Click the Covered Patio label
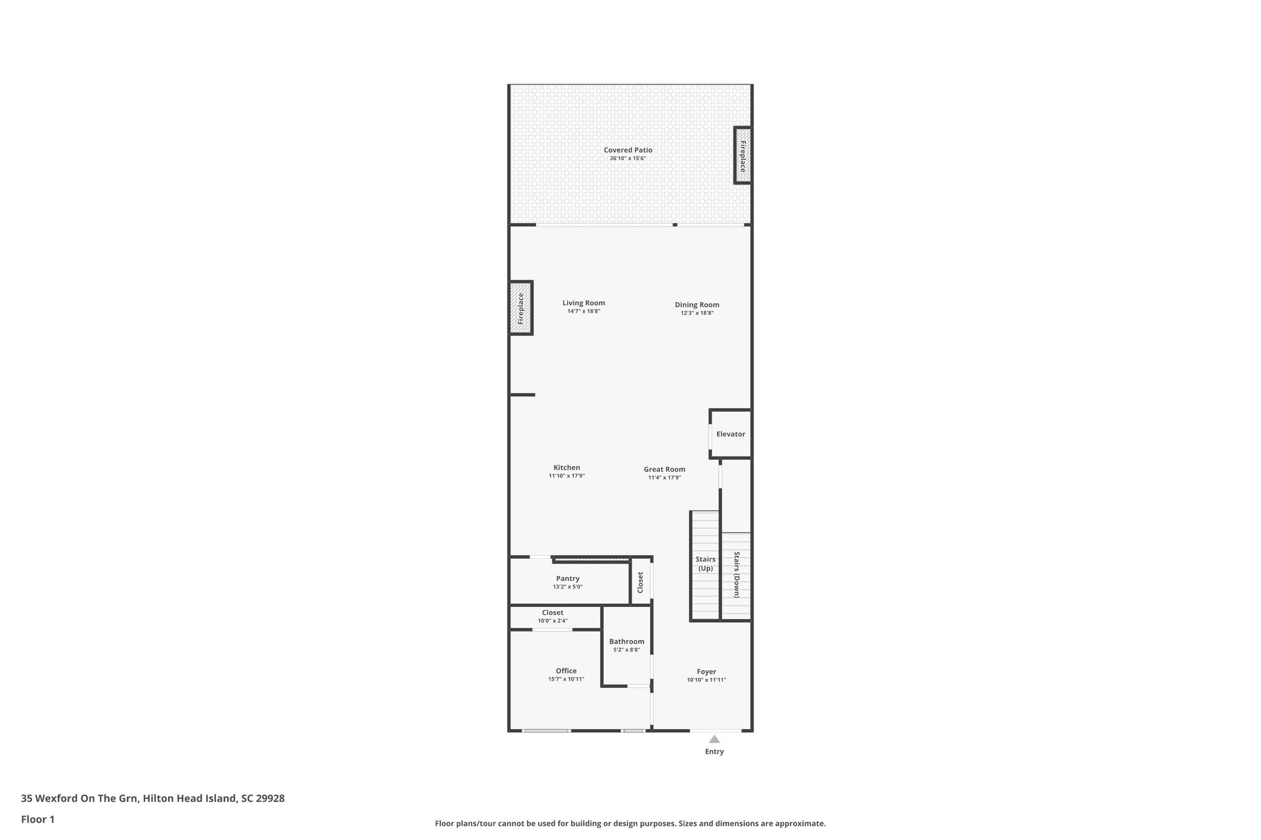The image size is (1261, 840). (627, 150)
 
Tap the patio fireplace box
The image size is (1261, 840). (743, 156)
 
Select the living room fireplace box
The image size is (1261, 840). (520, 308)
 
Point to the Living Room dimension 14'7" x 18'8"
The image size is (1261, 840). (583, 311)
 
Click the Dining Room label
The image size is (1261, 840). (696, 305)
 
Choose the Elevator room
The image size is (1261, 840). (731, 434)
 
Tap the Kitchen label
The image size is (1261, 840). (566, 468)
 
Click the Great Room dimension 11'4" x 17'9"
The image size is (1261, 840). (664, 478)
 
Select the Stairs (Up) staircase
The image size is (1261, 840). (705, 564)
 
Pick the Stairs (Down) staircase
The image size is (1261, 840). (736, 575)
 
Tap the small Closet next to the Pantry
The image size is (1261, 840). (640, 582)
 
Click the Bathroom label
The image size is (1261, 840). (626, 641)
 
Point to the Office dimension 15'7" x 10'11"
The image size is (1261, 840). (566, 679)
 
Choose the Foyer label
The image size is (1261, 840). (706, 672)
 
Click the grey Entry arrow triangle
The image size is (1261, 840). (714, 739)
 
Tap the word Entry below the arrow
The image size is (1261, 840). (714, 751)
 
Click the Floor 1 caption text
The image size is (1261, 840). (38, 819)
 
